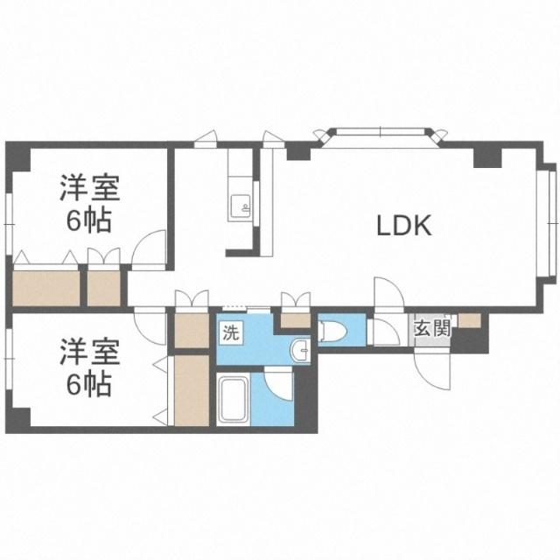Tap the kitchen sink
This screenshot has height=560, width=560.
[x=239, y=206]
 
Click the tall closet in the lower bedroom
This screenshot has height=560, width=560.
[x=192, y=389]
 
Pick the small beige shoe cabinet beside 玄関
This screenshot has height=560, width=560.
[x=468, y=320]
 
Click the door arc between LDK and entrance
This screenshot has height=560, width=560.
[x=385, y=294]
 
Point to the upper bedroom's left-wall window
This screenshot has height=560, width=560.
[x=8, y=219]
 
